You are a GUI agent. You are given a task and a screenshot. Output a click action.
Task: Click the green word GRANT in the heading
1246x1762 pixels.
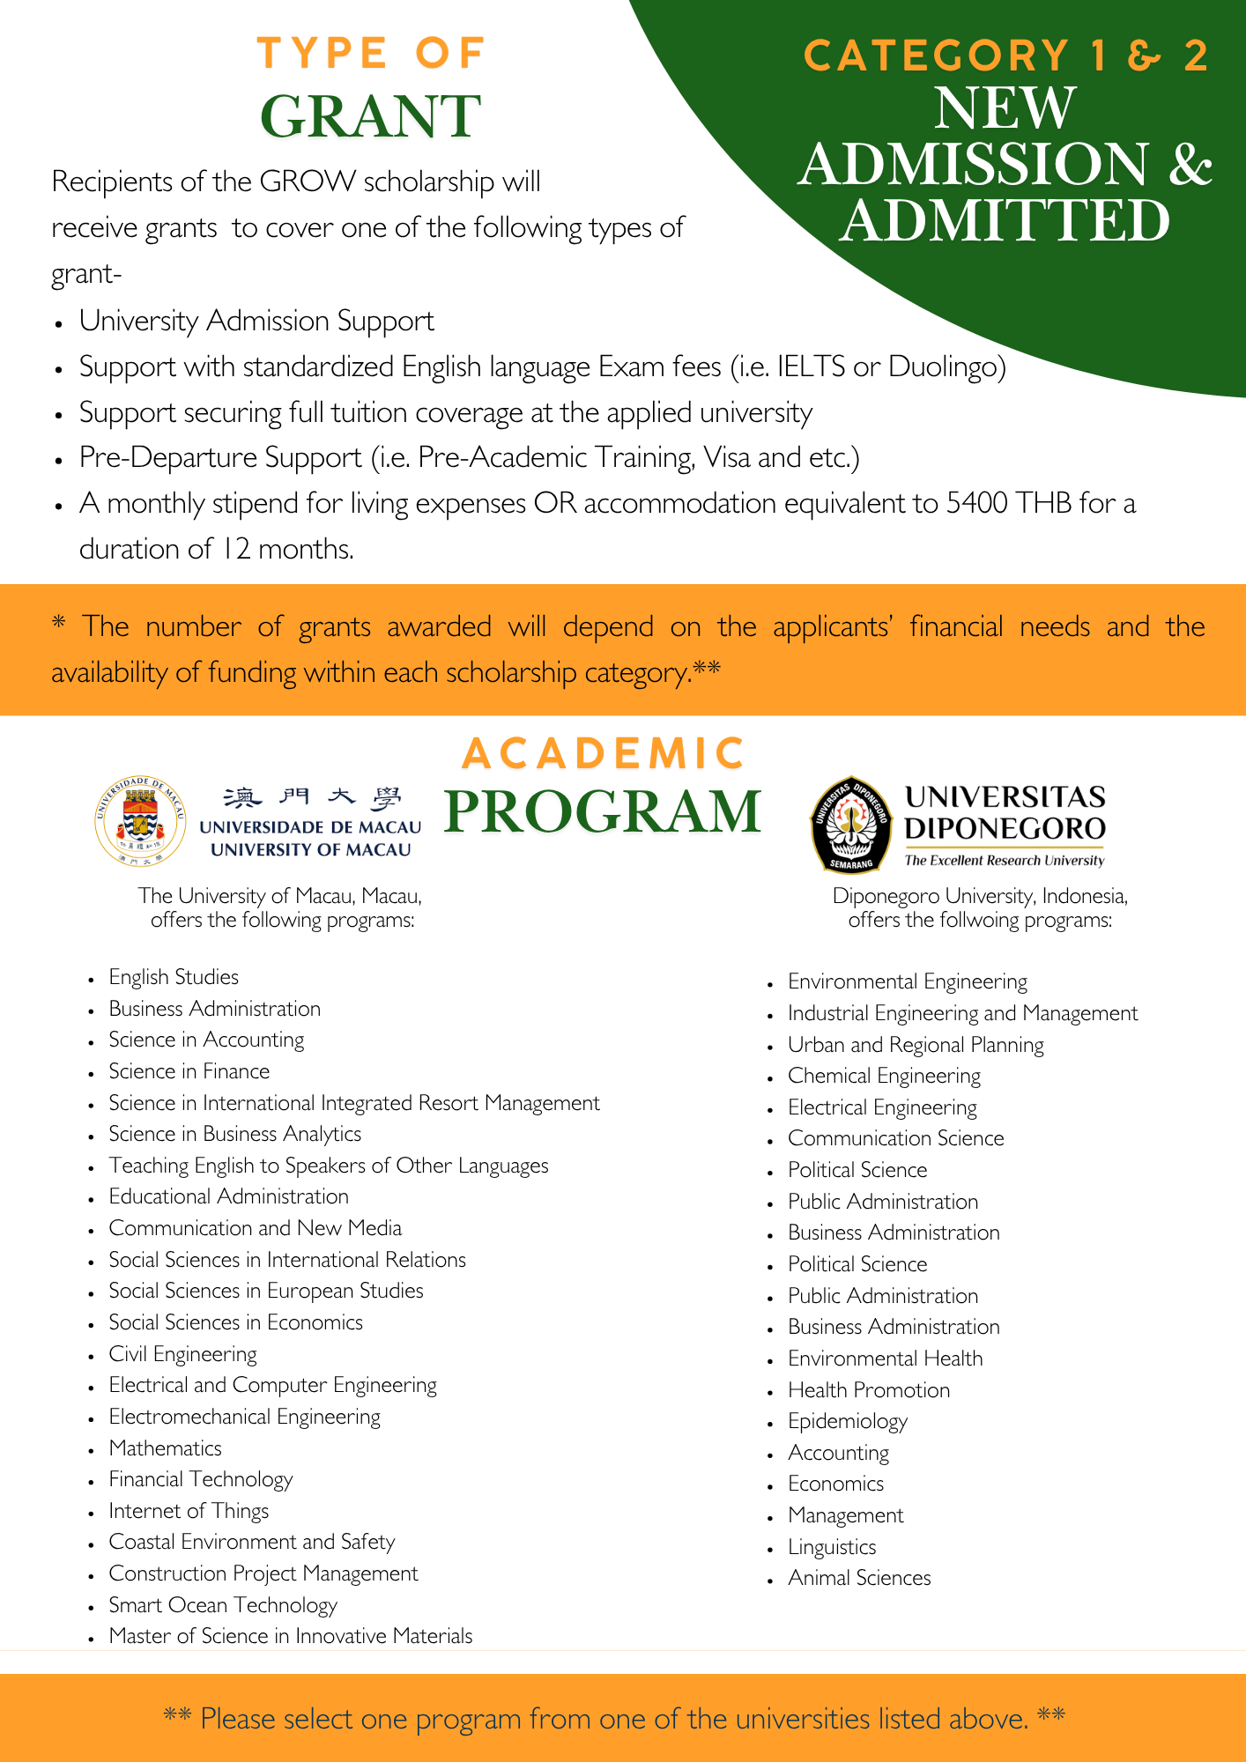[x=370, y=117]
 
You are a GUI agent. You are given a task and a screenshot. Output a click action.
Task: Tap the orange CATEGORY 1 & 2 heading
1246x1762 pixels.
[x=1005, y=56]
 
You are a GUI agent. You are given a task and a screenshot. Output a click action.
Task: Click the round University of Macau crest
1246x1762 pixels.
[x=140, y=821]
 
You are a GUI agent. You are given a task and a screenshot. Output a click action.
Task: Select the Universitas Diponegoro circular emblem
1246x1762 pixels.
[x=848, y=824]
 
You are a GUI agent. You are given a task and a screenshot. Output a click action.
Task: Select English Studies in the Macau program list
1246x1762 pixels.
[x=174, y=977]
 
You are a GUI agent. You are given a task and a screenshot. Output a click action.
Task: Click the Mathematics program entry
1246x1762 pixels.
[x=165, y=1448]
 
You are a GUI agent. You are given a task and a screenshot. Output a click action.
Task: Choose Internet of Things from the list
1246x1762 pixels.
[x=189, y=1511]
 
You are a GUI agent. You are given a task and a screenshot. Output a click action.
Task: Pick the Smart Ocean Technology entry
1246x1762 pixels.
[x=223, y=1605]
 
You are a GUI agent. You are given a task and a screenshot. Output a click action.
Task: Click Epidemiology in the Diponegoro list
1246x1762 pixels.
[x=847, y=1421]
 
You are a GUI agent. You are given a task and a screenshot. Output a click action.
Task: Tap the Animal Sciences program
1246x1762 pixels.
[x=859, y=1578]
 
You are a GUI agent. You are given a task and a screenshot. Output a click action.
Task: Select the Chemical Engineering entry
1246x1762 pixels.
[x=884, y=1076]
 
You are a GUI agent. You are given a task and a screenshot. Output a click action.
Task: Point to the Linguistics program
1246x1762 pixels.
[x=832, y=1547]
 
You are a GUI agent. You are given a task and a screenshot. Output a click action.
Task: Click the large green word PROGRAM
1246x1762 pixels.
[x=603, y=811]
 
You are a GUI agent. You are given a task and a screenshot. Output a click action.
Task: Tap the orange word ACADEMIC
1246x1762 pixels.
[x=603, y=754]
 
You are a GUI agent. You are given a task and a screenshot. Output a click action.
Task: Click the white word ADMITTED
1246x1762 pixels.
[x=1005, y=220]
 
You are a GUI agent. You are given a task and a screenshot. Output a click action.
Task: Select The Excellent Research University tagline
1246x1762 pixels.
[x=1004, y=861]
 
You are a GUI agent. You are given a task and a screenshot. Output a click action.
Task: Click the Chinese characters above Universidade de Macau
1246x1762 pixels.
[x=311, y=798]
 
